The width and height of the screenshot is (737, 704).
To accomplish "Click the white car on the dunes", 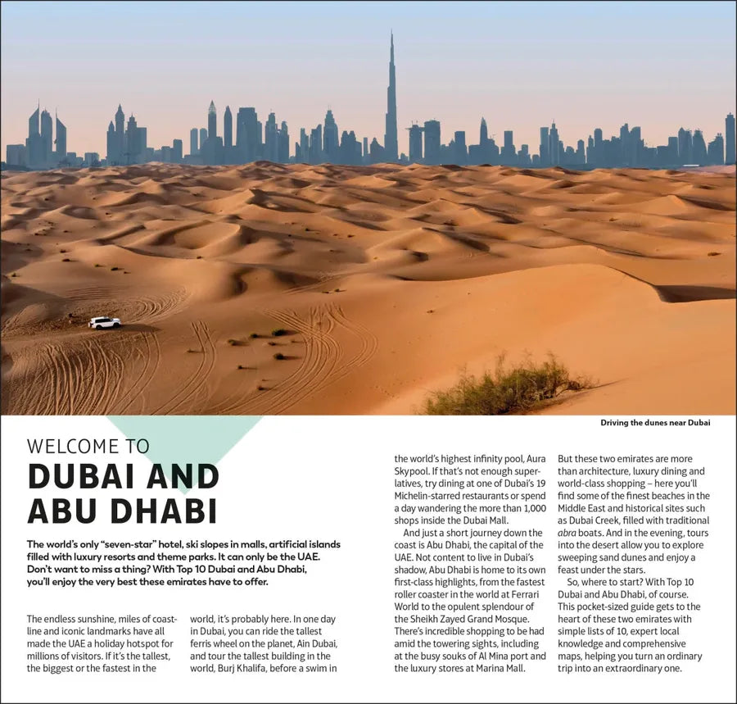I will [x=105, y=323].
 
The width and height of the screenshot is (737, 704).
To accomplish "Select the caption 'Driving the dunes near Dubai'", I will [x=655, y=423].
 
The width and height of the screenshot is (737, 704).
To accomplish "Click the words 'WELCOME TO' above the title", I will [x=88, y=447].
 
